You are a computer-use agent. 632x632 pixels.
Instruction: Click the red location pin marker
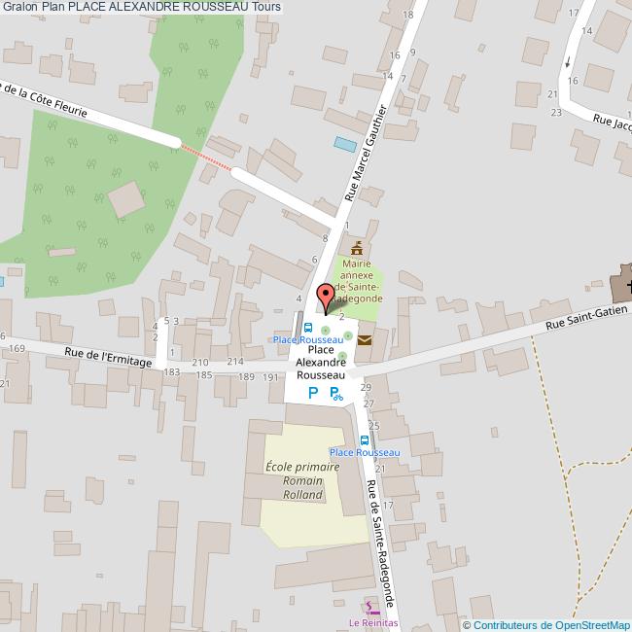point(327,296)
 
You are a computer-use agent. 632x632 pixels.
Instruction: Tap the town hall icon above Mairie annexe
point(357,248)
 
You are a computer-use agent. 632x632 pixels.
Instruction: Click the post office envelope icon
point(364,340)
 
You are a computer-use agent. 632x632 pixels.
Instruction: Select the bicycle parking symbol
point(336,394)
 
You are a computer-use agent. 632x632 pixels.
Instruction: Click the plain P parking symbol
point(312,393)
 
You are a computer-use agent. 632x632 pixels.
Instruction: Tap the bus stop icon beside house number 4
point(308,328)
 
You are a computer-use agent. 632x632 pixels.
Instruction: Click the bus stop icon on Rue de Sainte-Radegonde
point(364,439)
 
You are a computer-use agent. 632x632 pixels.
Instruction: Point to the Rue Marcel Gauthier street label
point(366,154)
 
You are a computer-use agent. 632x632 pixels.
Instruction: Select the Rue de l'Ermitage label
point(109,361)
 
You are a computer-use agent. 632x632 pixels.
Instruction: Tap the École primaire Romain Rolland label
point(302,480)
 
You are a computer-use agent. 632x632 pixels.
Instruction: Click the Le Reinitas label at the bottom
point(374,622)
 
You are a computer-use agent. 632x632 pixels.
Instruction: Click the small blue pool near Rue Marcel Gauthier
point(345,144)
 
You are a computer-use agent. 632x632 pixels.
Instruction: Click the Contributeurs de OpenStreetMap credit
point(545,624)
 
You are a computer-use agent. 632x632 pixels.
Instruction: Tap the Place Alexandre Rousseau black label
point(321,362)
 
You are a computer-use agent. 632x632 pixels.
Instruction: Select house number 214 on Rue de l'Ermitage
point(234,362)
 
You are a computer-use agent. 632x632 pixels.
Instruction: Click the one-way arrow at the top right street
point(568,62)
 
